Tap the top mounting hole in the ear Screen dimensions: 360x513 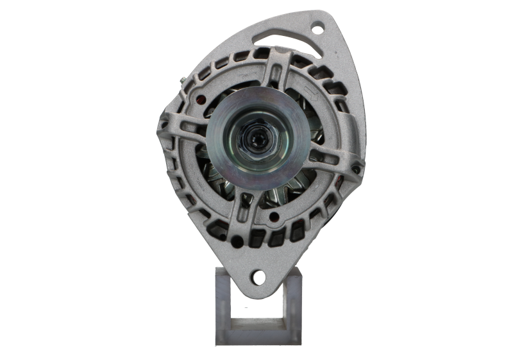click(x=317, y=28)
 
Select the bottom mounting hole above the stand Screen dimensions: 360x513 click(x=258, y=277)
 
